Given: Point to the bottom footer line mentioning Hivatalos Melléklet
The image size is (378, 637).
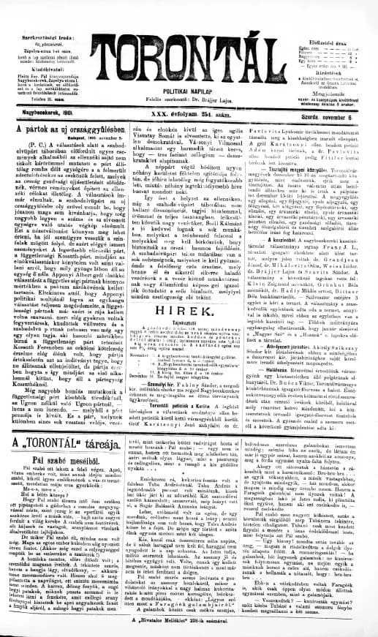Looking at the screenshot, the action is pos(189,617).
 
